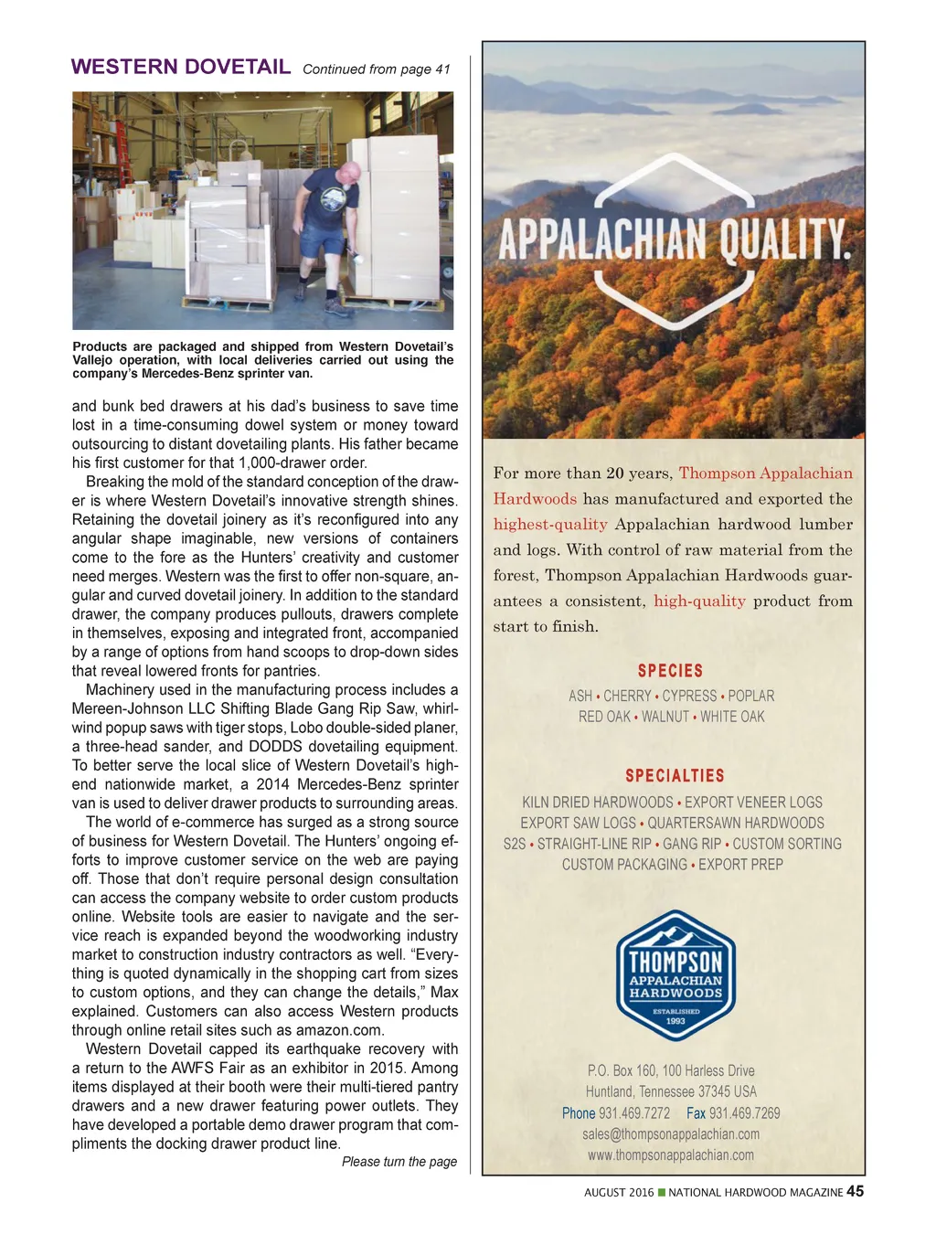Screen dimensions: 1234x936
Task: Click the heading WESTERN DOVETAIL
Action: point(181,67)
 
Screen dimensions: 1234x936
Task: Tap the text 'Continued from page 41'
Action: point(377,69)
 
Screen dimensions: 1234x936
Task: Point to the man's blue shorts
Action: point(323,239)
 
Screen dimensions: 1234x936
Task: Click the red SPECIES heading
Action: point(670,671)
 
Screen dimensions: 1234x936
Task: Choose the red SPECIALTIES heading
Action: point(675,776)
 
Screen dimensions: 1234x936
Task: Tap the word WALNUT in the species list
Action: point(665,717)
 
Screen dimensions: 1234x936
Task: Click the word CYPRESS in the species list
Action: point(689,696)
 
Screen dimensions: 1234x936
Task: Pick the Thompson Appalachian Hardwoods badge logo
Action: point(675,975)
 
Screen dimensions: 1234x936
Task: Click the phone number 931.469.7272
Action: point(634,1113)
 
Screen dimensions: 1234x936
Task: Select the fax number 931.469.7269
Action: point(744,1113)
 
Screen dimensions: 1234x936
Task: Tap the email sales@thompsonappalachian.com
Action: point(671,1134)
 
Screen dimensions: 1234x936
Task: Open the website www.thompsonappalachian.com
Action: point(671,1155)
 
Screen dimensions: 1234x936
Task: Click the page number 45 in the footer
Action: point(855,1191)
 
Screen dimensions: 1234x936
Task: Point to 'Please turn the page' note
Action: point(399,1162)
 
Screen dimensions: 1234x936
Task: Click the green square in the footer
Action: point(662,1192)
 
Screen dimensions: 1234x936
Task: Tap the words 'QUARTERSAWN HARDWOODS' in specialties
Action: point(736,824)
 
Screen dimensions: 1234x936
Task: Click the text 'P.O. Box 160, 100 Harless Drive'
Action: point(671,1070)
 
